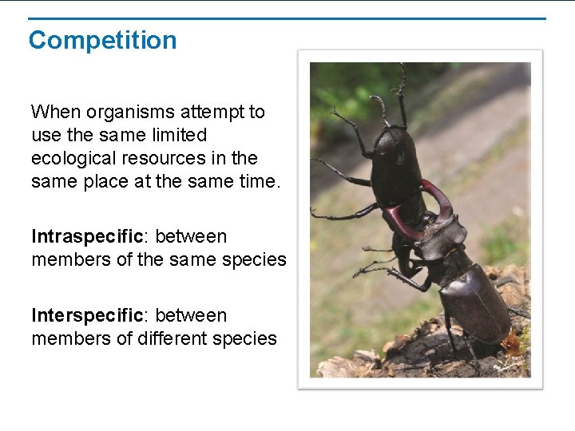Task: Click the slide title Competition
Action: pyautogui.click(x=102, y=40)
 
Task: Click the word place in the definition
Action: pyautogui.click(x=104, y=181)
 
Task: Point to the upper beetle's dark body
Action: pyautogui.click(x=398, y=164)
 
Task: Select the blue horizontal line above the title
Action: pyautogui.click(x=287, y=18)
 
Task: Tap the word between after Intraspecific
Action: pyautogui.click(x=191, y=236)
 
